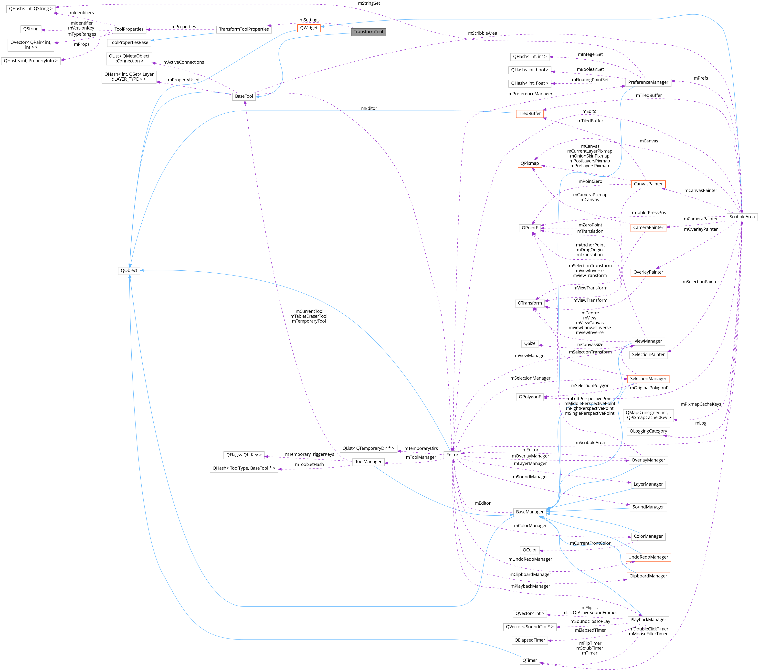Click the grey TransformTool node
coord(368,32)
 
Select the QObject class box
coord(129,271)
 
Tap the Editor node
coord(452,455)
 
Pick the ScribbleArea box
coord(742,217)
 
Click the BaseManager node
coord(529,512)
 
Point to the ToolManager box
coord(368,462)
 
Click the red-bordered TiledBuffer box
coord(529,114)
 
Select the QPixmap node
coord(529,163)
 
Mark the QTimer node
coord(529,660)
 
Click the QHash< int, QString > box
coord(31,9)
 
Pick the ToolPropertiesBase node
coord(129,43)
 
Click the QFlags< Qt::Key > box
coord(244,455)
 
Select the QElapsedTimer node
coord(529,640)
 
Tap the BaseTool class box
coord(244,96)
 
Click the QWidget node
coord(309,28)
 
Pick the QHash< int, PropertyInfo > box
coord(31,61)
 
